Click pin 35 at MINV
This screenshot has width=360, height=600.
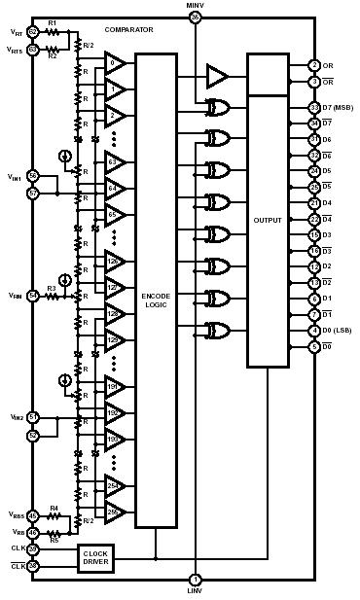tap(195, 18)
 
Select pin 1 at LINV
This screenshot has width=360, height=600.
tap(195, 579)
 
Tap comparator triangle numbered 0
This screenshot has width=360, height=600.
tap(116, 63)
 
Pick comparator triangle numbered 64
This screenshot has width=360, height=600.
tap(116, 187)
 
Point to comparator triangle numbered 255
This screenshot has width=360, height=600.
tap(116, 511)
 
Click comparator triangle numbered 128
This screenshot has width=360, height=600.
tap(116, 313)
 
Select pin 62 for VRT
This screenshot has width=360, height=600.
tap(32, 32)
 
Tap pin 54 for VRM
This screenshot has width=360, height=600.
tap(32, 295)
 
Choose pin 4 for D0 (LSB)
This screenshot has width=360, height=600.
tap(314, 332)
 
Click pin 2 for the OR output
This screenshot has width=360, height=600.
tap(314, 65)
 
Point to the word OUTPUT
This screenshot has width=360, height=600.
tap(268, 220)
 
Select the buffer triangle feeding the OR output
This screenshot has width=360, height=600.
tap(216, 76)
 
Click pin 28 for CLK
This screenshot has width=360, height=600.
tap(32, 549)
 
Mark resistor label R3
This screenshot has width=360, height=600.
tap(52, 288)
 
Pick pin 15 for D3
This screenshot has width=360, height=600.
tap(314, 235)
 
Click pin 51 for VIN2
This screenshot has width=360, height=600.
tap(32, 417)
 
